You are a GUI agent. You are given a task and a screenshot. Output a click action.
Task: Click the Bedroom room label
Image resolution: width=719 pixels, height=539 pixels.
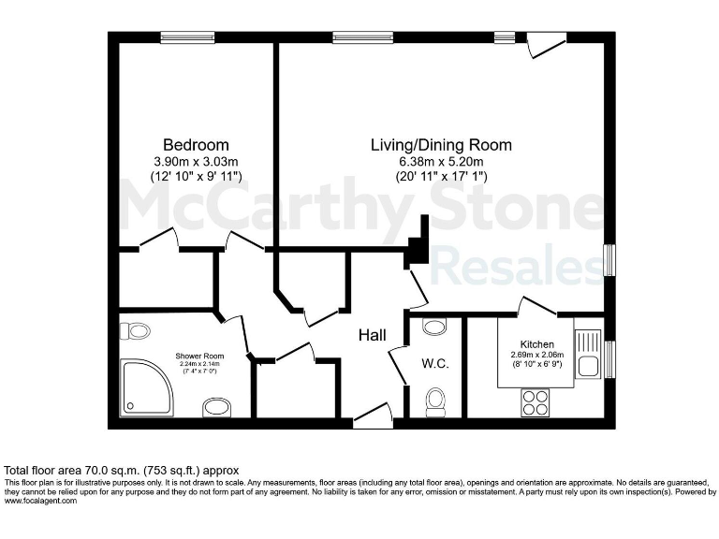pos(196,145)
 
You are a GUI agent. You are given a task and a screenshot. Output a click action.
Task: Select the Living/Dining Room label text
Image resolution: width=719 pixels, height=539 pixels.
pos(441,145)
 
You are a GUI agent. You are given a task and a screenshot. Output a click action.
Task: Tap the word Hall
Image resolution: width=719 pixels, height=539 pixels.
pos(374,335)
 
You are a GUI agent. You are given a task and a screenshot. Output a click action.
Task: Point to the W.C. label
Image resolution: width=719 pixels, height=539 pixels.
pos(435,363)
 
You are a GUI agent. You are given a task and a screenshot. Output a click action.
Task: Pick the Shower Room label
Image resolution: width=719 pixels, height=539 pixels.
pos(200,356)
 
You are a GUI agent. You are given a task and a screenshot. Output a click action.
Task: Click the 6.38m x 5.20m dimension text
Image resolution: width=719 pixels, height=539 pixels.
pos(441,160)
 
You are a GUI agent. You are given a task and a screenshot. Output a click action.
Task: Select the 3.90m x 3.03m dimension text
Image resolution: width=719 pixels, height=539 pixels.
pos(196,160)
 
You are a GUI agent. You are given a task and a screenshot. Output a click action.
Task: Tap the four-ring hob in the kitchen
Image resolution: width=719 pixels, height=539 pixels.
pos(536,401)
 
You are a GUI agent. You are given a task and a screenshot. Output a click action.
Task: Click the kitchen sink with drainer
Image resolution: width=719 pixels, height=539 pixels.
pos(588,354)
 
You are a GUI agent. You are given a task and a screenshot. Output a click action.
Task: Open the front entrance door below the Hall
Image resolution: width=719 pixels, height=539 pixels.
pos(372,416)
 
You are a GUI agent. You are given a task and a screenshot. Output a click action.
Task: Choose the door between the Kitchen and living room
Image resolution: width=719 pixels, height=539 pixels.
pos(536,306)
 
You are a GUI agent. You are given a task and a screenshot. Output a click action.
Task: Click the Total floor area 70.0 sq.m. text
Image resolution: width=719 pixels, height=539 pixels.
pos(123,470)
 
